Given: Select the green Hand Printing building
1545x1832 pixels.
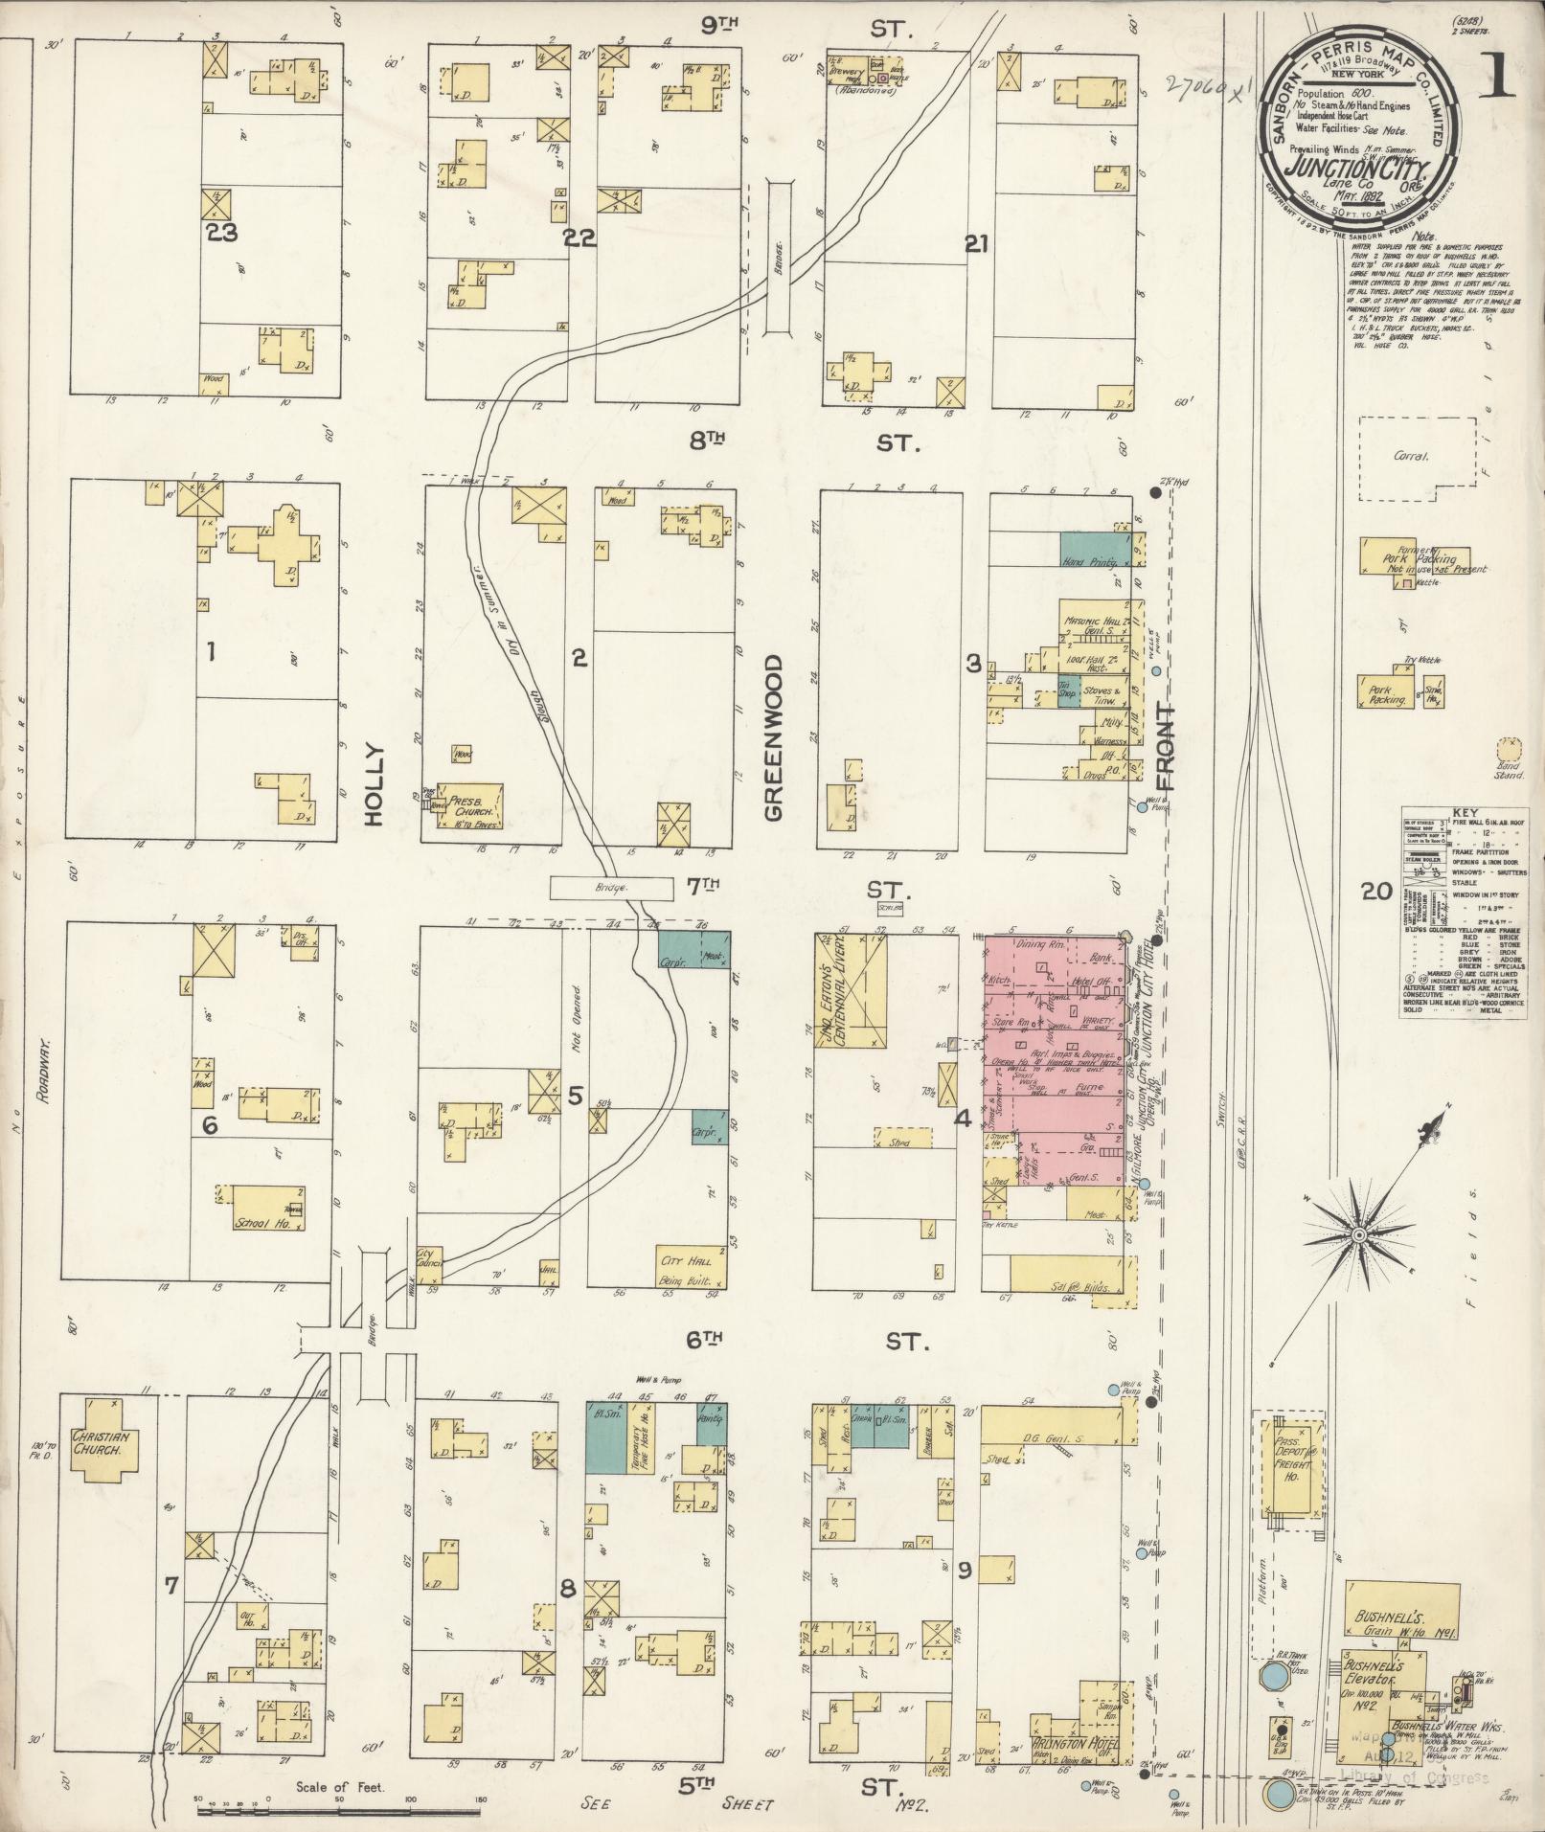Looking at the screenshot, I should coord(1095,550).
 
